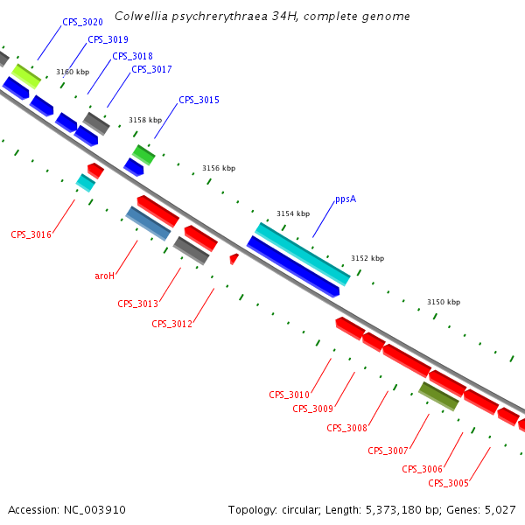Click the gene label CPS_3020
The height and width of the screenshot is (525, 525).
[x=82, y=22]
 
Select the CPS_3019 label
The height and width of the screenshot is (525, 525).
[x=108, y=39]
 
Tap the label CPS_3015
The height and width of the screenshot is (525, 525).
[x=199, y=100]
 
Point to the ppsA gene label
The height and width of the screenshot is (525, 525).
[x=346, y=199]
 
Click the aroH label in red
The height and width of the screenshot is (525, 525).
[x=105, y=276]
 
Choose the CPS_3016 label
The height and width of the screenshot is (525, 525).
[x=31, y=234]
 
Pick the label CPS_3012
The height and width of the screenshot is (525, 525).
[x=171, y=324]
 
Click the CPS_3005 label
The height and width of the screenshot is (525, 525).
[x=448, y=483]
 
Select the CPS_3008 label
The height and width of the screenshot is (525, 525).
[x=346, y=428]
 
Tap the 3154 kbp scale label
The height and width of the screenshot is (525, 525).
[x=293, y=213]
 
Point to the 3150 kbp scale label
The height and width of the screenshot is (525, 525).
[x=444, y=302]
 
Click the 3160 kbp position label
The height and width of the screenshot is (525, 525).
[x=73, y=72]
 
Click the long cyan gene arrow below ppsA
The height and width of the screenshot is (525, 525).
[x=303, y=254]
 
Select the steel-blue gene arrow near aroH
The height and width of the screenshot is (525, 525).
[x=148, y=223]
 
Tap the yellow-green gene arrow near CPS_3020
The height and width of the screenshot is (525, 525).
[x=26, y=75]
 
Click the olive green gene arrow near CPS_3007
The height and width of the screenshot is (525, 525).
[x=438, y=395]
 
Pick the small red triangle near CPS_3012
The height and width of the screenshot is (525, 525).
[x=234, y=258]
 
